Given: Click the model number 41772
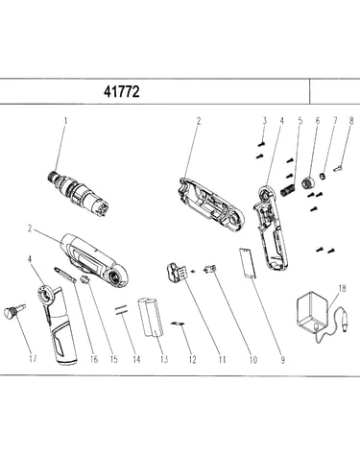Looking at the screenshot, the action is click(x=122, y=92).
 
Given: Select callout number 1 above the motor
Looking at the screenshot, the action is click(x=66, y=121).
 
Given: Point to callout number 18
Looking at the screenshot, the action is click(x=342, y=288).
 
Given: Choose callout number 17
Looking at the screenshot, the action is click(x=33, y=359).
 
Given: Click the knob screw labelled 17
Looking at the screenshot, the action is click(x=13, y=311).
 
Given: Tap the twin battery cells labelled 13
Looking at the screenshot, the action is click(x=151, y=318).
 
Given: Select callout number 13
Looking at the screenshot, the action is click(x=164, y=359).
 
